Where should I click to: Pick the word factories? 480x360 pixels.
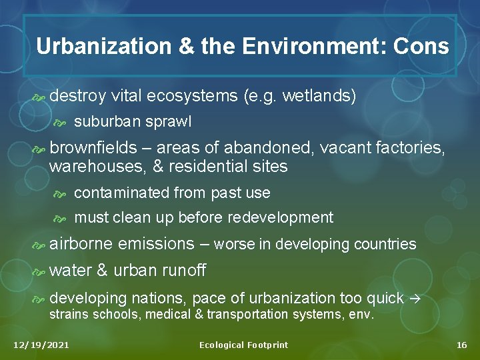click(412, 147)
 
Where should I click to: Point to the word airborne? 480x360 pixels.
click(81, 243)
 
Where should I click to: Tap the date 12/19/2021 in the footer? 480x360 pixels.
click(41, 345)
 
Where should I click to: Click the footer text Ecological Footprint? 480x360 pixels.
click(243, 345)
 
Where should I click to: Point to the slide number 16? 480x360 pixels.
click(461, 345)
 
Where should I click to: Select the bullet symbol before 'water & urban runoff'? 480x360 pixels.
click(39, 271)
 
